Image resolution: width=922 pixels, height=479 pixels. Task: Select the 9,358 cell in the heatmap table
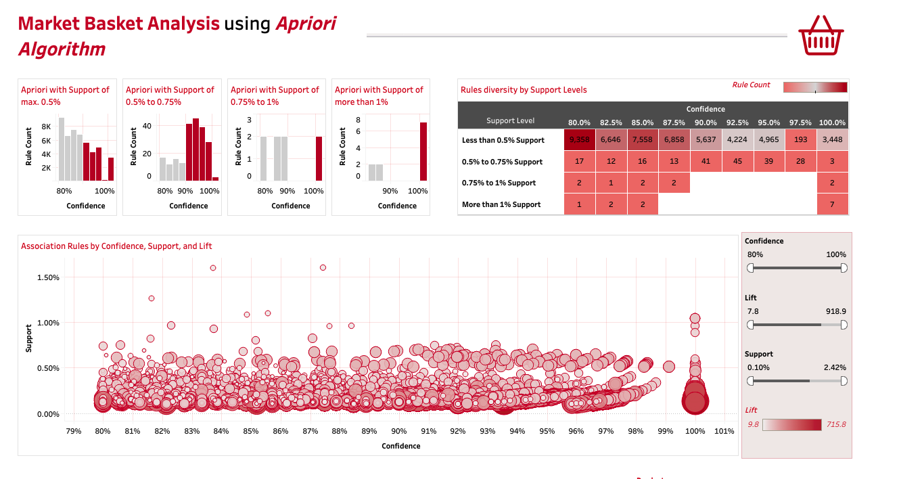click(x=580, y=140)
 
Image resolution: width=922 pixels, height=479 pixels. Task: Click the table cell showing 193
click(x=800, y=140)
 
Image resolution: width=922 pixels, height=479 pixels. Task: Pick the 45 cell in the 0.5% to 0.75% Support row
click(x=737, y=162)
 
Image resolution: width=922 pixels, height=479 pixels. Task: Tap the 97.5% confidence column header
click(x=800, y=122)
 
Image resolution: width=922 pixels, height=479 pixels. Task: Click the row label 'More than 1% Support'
click(x=501, y=204)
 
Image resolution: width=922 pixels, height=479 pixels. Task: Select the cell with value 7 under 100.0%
click(x=832, y=204)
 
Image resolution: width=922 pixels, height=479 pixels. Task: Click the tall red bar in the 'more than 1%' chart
click(x=423, y=152)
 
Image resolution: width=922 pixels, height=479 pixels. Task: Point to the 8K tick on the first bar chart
click(x=46, y=127)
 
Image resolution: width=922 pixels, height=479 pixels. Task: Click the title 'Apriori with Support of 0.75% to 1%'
click(x=275, y=95)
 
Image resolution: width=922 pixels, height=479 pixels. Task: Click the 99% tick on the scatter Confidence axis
click(x=666, y=431)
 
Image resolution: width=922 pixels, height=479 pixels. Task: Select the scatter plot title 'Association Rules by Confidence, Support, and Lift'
click(x=116, y=246)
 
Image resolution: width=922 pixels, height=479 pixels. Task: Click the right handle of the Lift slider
click(x=844, y=325)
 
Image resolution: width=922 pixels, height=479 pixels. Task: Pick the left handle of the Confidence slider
click(x=750, y=268)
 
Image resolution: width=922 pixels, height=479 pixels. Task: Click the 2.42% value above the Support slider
click(x=835, y=367)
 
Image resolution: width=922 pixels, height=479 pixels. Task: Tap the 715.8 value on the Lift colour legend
click(x=836, y=424)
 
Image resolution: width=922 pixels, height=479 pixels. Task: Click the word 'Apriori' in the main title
click(x=306, y=24)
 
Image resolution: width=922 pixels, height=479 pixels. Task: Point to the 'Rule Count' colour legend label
click(x=751, y=85)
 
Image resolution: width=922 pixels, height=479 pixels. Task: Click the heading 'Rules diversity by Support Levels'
click(x=524, y=90)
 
